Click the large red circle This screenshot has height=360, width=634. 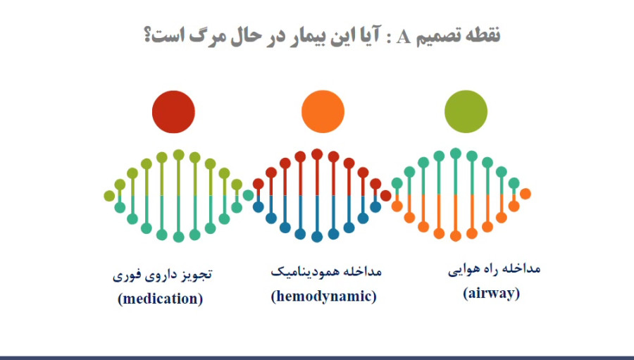click(173, 111)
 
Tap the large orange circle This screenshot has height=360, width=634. click(323, 111)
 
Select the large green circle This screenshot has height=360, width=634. click(466, 111)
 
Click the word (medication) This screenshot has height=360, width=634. click(160, 299)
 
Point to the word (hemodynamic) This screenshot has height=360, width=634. click(323, 296)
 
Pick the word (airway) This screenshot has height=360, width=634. click(491, 293)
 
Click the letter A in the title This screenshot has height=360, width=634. click(403, 37)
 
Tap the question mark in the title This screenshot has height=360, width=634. click(148, 36)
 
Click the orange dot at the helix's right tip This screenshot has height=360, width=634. click(526, 194)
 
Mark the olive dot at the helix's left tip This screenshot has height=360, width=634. click(109, 196)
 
